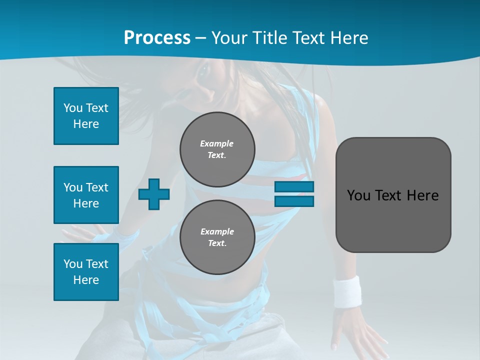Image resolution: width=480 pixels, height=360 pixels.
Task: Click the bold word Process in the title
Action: pyautogui.click(x=157, y=38)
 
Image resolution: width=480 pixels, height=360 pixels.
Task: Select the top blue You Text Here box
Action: pyautogui.click(x=86, y=116)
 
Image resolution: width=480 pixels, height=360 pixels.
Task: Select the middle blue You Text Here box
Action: pyautogui.click(x=86, y=195)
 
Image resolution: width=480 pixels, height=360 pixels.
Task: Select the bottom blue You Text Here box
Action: pyautogui.click(x=86, y=272)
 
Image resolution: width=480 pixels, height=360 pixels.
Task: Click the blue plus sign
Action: pyautogui.click(x=153, y=194)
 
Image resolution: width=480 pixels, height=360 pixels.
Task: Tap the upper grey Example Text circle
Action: pyautogui.click(x=217, y=149)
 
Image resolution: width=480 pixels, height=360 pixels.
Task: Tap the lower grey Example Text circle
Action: pyautogui.click(x=217, y=237)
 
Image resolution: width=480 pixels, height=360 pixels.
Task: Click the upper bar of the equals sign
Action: pyautogui.click(x=294, y=187)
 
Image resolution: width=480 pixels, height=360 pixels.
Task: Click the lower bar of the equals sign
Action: pyautogui.click(x=294, y=201)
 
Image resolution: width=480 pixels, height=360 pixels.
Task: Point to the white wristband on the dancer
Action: pyautogui.click(x=347, y=291)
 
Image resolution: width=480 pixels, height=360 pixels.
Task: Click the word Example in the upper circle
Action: pyautogui.click(x=217, y=143)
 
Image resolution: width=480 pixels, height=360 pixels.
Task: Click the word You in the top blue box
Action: pyautogui.click(x=73, y=108)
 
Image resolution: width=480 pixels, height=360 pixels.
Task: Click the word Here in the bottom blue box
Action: pyautogui.click(x=86, y=280)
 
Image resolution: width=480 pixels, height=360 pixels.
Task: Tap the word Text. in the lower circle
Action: pyautogui.click(x=217, y=243)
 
